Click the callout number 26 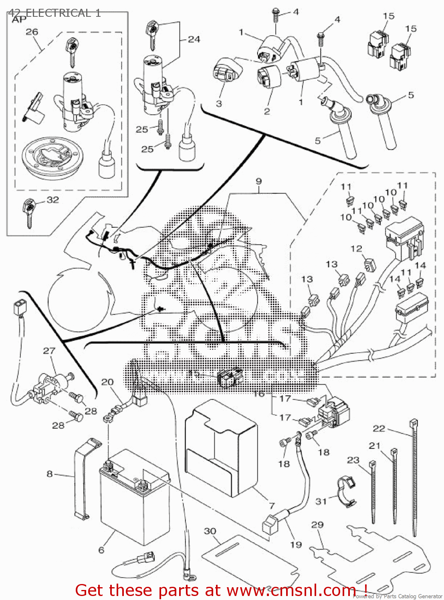pos(32,32)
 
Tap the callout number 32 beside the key pos(53,200)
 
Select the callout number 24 pos(194,39)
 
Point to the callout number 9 pos(259,181)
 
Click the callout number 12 pos(356,248)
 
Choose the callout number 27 pos(49,350)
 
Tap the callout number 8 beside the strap pos(50,474)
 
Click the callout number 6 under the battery pos(101,550)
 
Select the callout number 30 pos(210,531)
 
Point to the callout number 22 pos(379,428)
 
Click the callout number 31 pos(321,501)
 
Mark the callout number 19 pos(296,544)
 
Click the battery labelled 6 pos(134,498)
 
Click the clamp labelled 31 pos(345,490)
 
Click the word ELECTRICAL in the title pos(59,13)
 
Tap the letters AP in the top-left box pos(19,19)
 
